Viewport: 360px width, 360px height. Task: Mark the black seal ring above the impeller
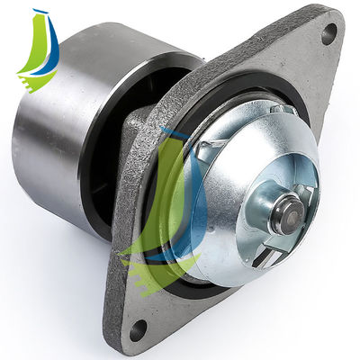tap(243, 94)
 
